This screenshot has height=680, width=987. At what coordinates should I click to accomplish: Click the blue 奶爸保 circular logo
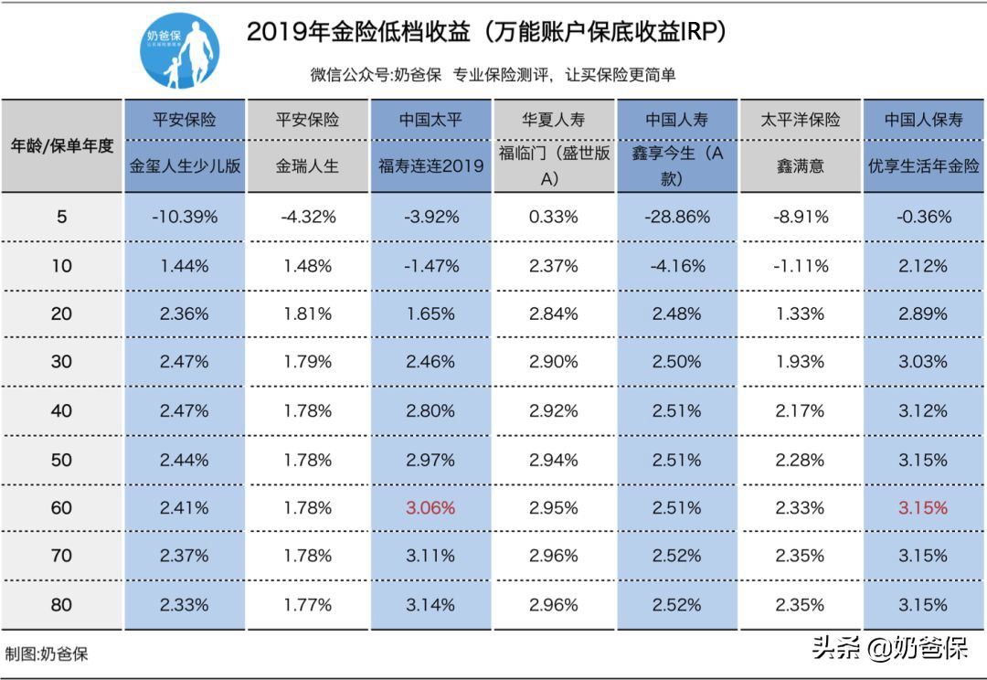180,50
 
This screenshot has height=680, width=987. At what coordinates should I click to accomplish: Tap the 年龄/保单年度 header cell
61,145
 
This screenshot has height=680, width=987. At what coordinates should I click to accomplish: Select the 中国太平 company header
430,120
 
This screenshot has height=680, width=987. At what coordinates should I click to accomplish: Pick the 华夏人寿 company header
554,120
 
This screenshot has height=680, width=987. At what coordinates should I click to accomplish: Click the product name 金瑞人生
307,166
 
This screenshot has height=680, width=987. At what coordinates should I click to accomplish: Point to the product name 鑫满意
800,166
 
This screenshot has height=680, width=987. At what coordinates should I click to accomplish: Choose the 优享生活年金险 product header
923,166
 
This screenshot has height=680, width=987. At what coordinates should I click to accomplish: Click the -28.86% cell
677,218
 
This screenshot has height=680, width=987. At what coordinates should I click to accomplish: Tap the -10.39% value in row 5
185,218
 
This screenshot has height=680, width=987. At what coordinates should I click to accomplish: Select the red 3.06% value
430,507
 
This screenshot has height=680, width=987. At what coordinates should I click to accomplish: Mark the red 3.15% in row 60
923,507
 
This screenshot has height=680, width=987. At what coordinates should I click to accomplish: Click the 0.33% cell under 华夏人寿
554,218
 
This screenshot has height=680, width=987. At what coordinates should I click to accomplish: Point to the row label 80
61,605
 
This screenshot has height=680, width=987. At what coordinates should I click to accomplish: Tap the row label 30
61,362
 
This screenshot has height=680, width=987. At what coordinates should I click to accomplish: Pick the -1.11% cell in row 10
800,266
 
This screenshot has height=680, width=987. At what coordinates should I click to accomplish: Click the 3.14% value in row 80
430,605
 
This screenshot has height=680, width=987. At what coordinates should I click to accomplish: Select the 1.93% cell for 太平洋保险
800,362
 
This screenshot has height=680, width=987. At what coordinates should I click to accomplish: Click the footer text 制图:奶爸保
47,654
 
